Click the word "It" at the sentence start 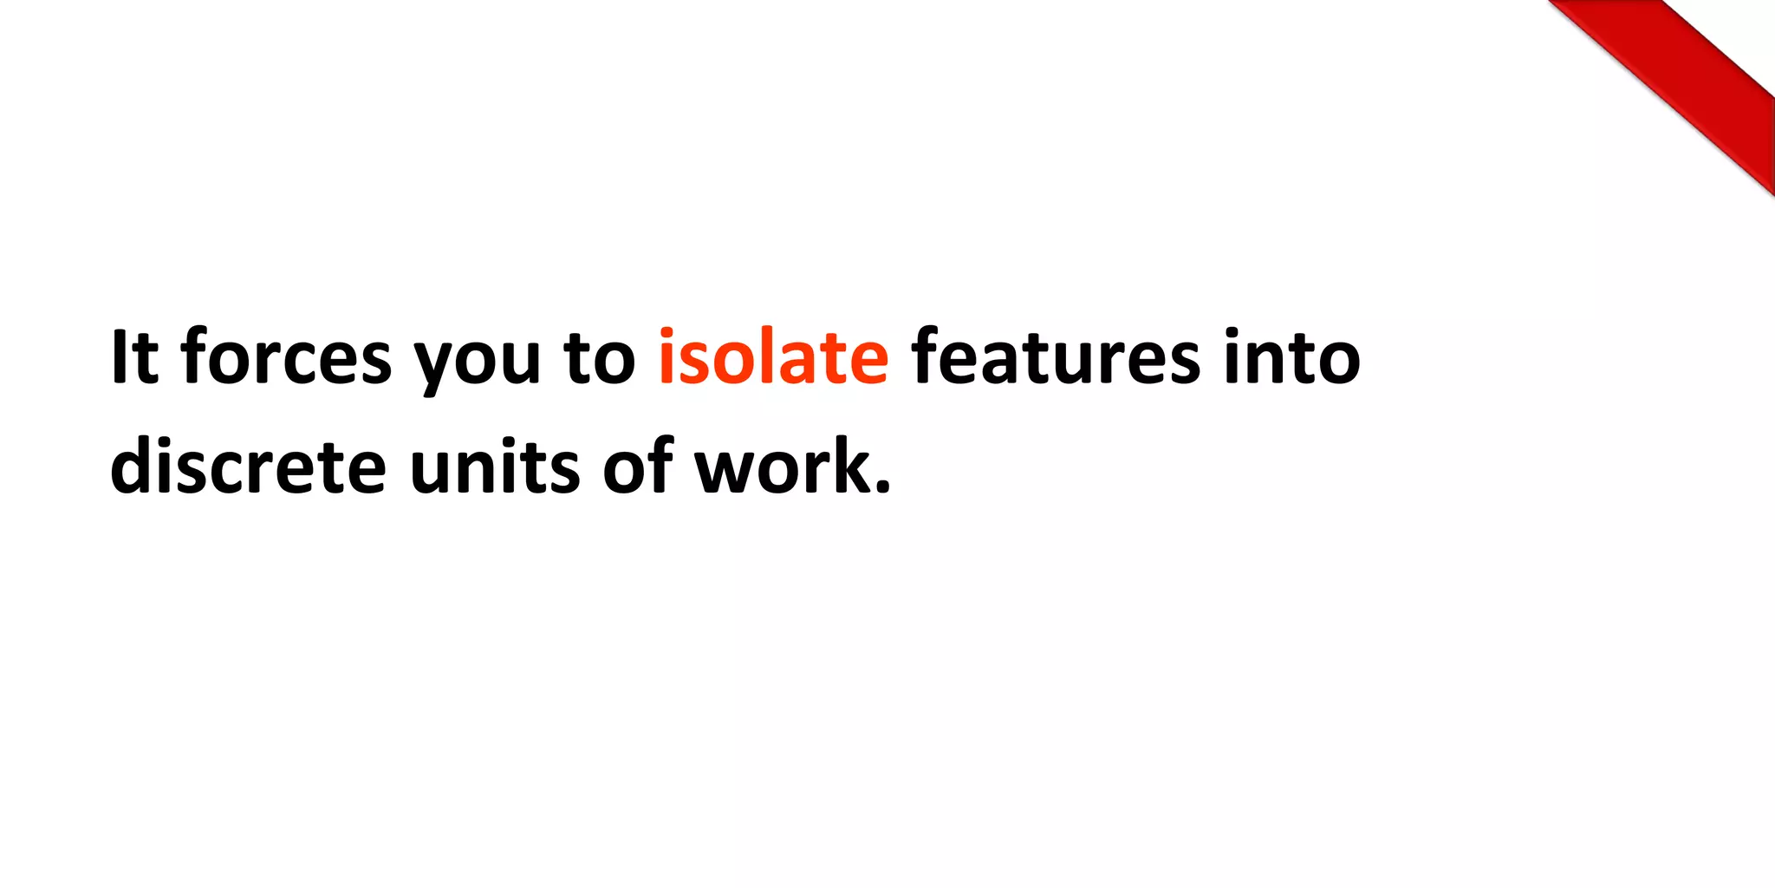(134, 357)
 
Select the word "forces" (286, 357)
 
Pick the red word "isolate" (773, 357)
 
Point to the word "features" (1056, 357)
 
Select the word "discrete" (248, 467)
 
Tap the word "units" (495, 467)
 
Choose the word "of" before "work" (638, 467)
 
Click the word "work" (784, 467)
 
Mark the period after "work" (882, 488)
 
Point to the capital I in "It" (119, 357)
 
